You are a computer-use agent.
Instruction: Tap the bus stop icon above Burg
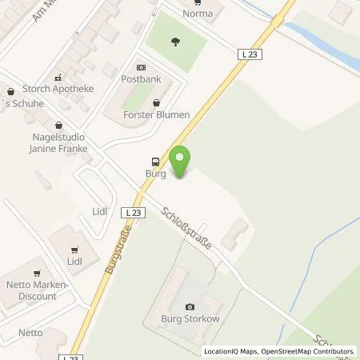coord(154,160)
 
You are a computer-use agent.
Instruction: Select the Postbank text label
coord(141,80)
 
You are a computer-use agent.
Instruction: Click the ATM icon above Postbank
coord(141,68)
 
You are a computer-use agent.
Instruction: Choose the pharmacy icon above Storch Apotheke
coord(58,78)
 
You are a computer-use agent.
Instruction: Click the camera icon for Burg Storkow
coord(190,307)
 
